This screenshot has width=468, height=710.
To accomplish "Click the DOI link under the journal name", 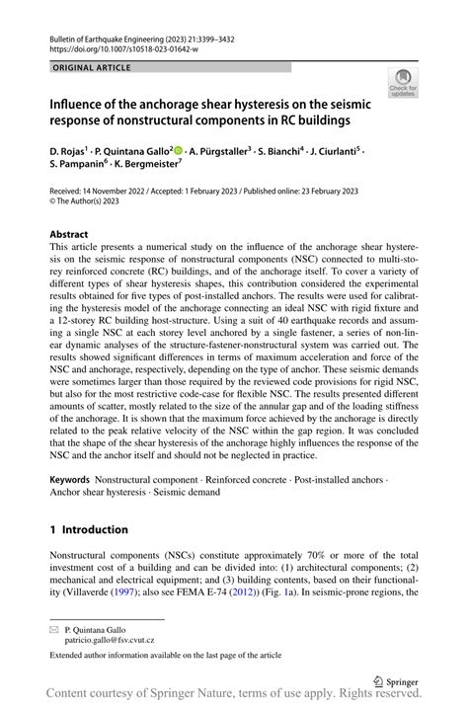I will tap(124, 47).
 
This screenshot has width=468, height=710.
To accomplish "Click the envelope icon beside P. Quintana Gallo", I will tap(56, 628).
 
